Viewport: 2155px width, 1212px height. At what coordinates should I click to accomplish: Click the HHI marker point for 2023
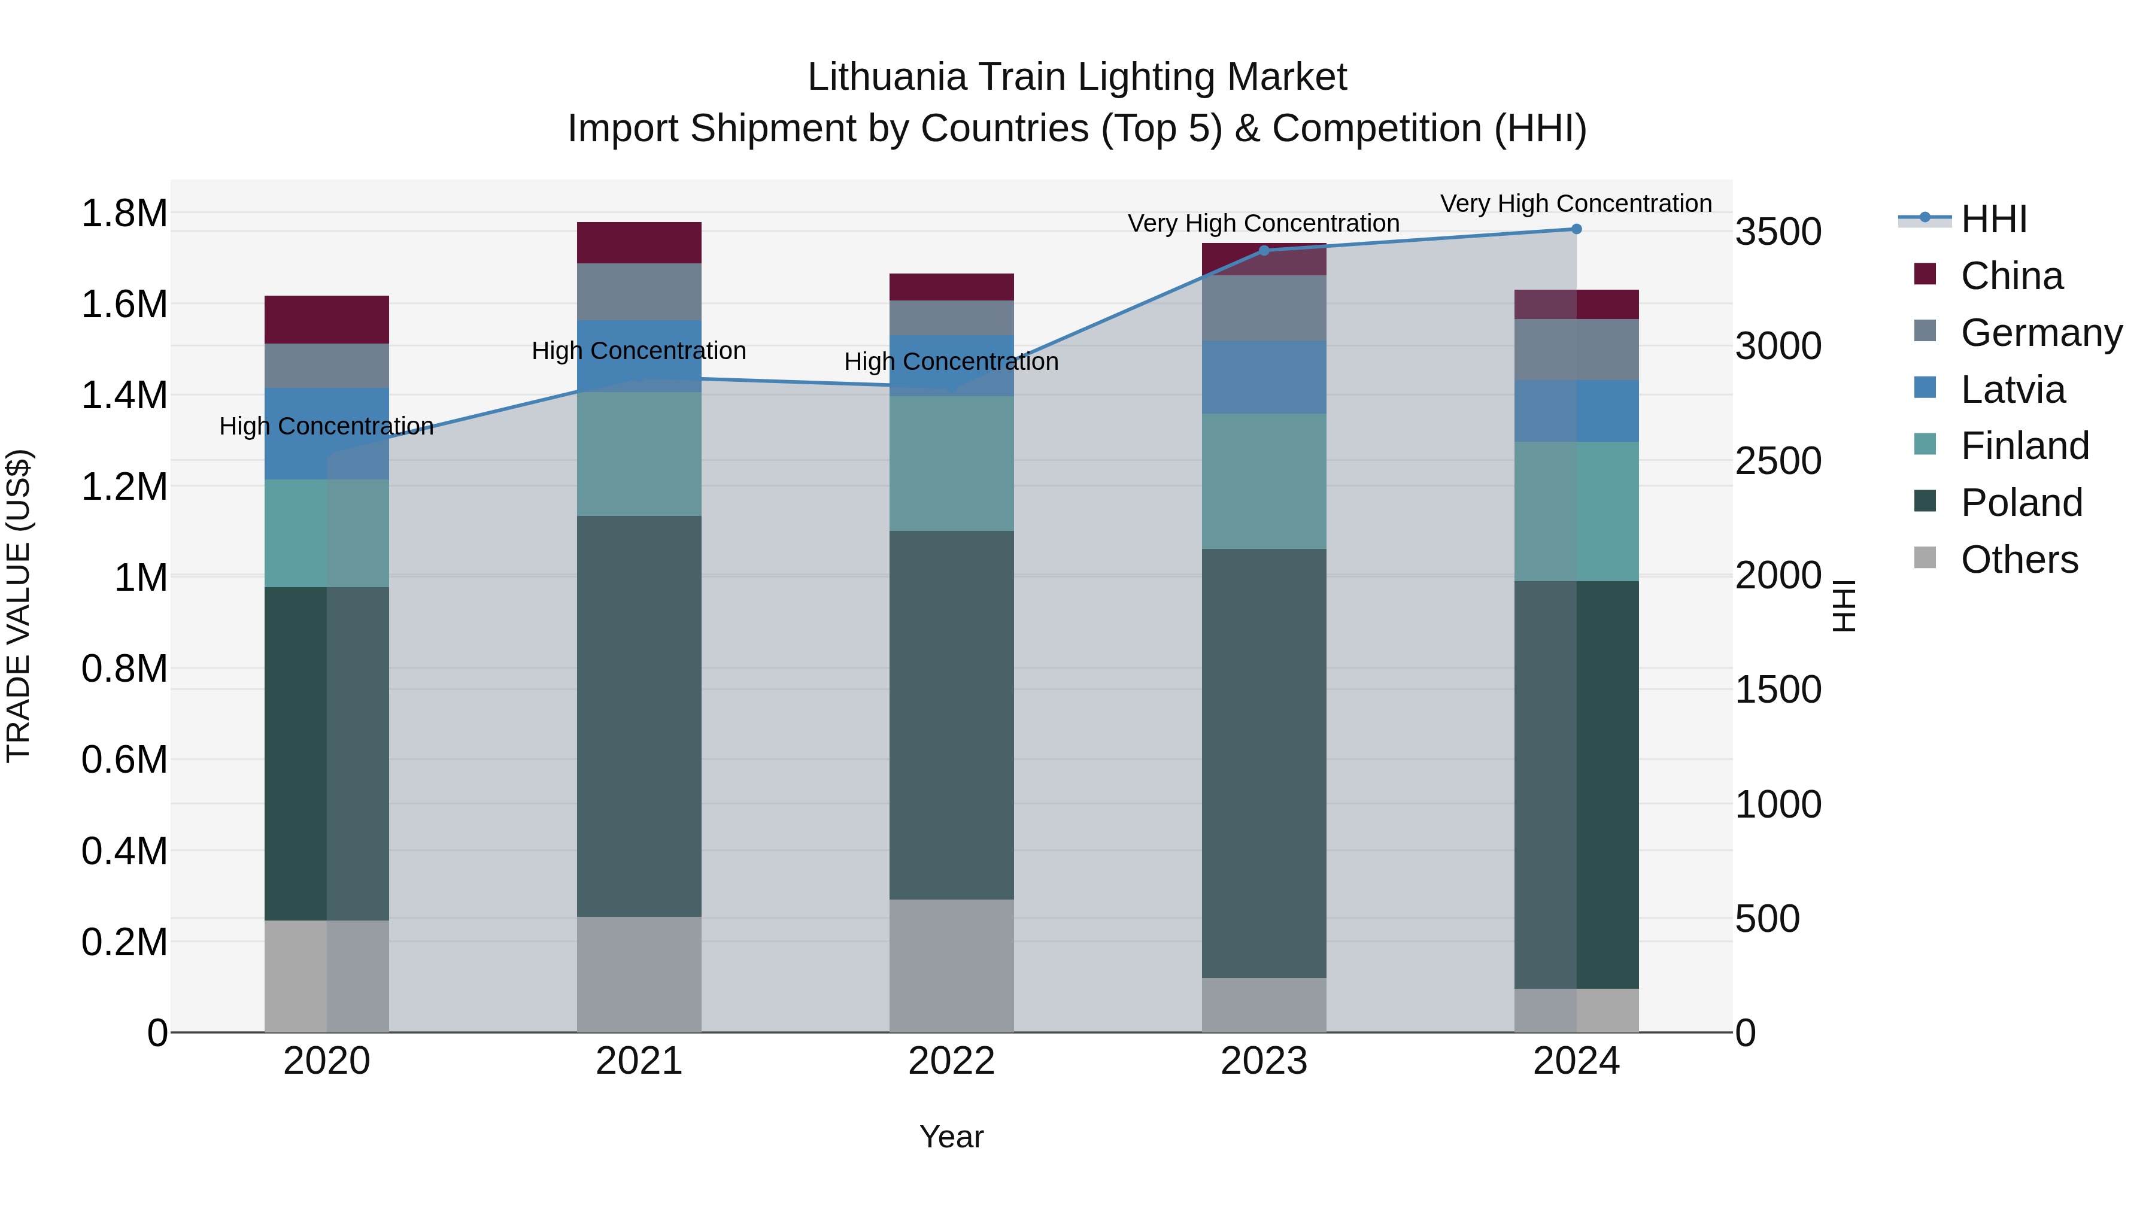click(x=1263, y=250)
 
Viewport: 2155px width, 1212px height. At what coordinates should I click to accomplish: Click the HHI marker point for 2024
click(x=1576, y=229)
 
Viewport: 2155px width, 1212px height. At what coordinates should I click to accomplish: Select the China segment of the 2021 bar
click(x=639, y=242)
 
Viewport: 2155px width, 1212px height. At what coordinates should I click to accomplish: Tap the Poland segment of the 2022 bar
click(x=951, y=715)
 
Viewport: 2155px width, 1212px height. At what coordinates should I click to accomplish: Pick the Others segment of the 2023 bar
click(x=1263, y=1004)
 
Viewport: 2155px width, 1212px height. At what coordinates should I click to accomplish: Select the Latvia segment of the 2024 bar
click(x=1576, y=411)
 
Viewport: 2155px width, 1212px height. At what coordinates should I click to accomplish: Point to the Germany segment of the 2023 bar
click(x=1263, y=308)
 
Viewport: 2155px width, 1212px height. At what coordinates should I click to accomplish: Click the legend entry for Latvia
click(x=2012, y=390)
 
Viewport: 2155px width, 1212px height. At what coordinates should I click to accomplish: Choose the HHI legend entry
click(x=1993, y=219)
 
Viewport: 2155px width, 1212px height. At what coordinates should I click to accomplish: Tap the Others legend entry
click(x=2018, y=560)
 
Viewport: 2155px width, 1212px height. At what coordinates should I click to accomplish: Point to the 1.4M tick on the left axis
click(x=124, y=396)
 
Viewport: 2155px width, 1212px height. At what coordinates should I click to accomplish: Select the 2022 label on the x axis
click(x=951, y=1061)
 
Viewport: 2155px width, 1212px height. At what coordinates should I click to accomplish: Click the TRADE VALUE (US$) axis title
click(x=19, y=606)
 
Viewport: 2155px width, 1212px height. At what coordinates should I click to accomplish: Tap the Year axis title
click(x=951, y=1137)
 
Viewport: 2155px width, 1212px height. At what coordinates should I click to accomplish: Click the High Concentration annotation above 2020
click(x=326, y=427)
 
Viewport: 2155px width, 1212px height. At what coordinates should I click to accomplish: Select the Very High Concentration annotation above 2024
click(x=1576, y=203)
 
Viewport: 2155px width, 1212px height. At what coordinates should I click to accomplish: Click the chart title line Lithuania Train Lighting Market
click(x=1077, y=77)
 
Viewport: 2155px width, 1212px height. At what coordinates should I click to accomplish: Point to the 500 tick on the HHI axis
click(x=1767, y=918)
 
